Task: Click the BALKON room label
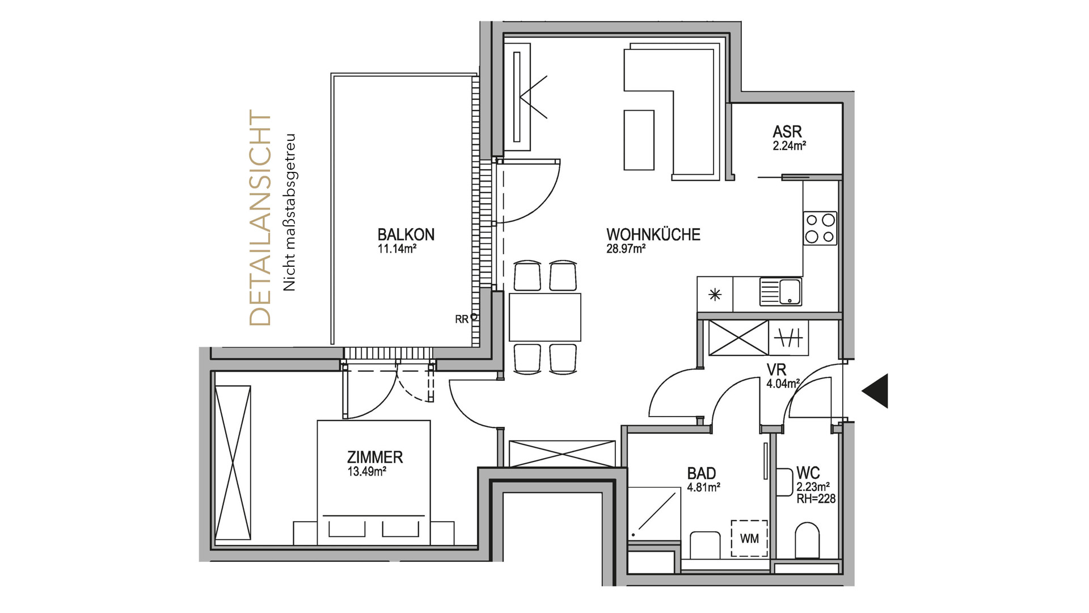point(406,234)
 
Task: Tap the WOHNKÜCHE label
point(653,234)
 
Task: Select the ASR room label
point(787,132)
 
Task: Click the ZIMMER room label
point(375,457)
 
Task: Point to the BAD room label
point(702,473)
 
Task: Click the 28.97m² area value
point(626,249)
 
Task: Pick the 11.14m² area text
point(397,249)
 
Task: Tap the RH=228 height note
point(816,499)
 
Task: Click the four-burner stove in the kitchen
point(820,228)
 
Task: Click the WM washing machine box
point(749,538)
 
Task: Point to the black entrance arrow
point(875,391)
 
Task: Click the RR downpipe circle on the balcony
point(473,317)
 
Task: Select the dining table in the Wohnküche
point(545,317)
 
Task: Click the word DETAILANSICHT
point(260,219)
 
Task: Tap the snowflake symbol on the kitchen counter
point(715,295)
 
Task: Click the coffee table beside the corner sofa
point(639,140)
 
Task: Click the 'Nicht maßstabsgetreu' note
point(290,213)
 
